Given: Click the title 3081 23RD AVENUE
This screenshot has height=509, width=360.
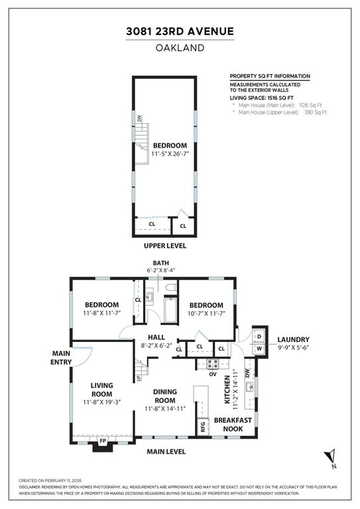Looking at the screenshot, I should click(x=180, y=31).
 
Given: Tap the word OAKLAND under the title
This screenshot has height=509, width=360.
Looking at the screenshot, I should click(x=180, y=47).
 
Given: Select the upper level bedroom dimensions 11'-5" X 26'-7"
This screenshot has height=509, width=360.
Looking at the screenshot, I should click(x=170, y=154).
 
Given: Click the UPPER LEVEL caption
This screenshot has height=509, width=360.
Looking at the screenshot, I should click(x=165, y=245).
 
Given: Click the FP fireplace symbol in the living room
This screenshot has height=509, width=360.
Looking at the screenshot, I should click(x=102, y=440).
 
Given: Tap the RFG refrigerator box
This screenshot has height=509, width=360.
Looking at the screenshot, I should click(x=203, y=427).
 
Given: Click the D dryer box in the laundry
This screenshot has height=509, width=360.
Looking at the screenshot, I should click(x=259, y=336).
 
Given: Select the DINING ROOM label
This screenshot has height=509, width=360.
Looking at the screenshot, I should click(x=164, y=396).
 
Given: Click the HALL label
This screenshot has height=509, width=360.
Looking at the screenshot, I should click(x=156, y=337).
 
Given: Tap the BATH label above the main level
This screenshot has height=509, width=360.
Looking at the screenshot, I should click(x=160, y=262).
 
